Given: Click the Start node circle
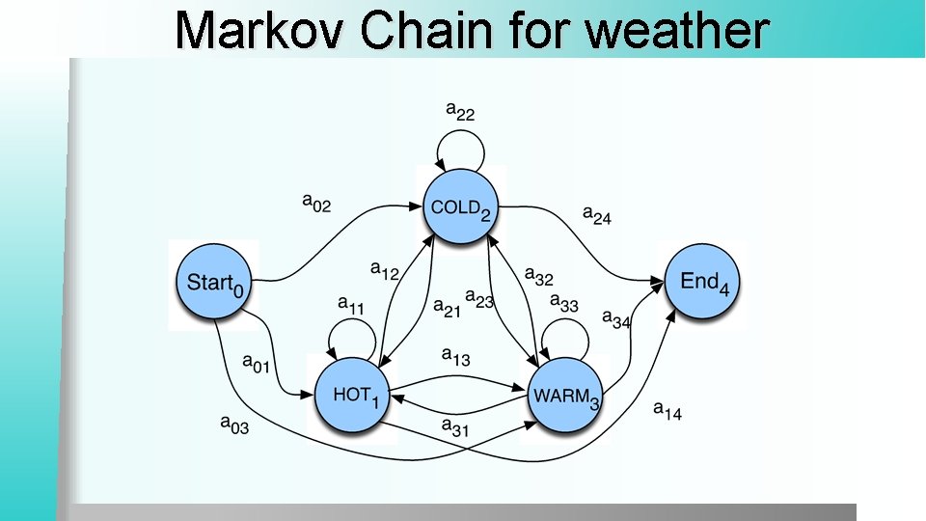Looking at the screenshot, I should pos(213,284).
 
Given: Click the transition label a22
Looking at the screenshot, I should pos(460,112).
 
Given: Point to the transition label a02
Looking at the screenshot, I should pos(316,203).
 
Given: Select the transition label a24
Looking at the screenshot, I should pos(596,214).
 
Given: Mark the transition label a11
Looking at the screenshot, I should pos(351,304).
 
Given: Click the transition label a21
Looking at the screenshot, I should pos(447,307).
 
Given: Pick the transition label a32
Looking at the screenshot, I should pos(538,277).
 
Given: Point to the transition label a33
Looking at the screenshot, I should pos(563,304).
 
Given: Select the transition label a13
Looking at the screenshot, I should pos(455,356).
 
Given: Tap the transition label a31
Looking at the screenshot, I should pos(454,425).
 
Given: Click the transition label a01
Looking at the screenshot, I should pos(256,364).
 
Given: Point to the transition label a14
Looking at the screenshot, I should pos(667,410).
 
